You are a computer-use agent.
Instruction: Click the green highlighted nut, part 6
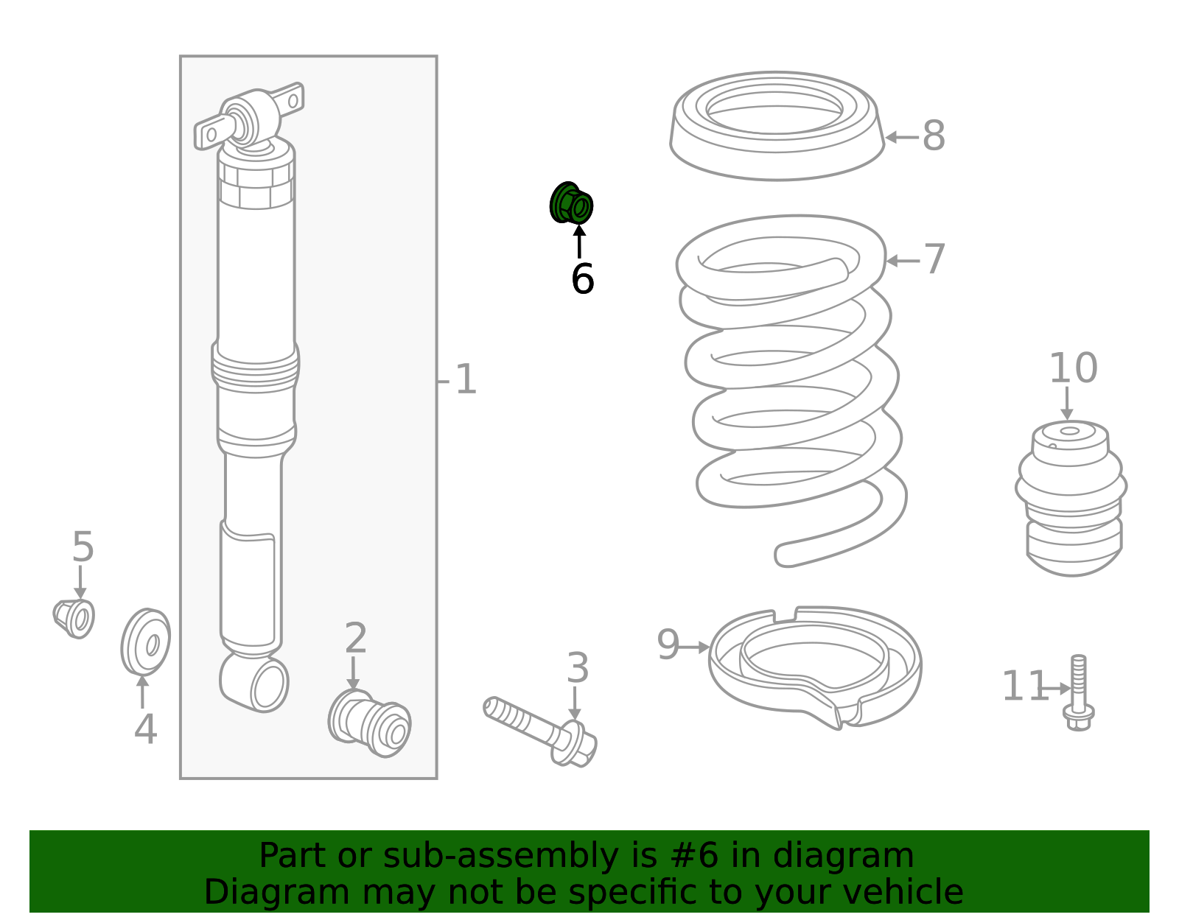[x=571, y=203]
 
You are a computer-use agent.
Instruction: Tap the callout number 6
[x=582, y=279]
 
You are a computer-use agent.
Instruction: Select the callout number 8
[x=933, y=136]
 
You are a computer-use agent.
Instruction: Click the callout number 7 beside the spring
[x=934, y=259]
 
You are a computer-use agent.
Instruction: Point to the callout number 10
[x=1073, y=368]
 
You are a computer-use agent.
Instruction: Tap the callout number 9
[x=668, y=645]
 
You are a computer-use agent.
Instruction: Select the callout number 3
[x=577, y=668]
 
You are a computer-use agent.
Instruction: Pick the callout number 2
[x=355, y=638]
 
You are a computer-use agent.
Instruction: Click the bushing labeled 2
[x=369, y=724]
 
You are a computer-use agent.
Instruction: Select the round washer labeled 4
[x=145, y=642]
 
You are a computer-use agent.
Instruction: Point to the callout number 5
[x=83, y=547]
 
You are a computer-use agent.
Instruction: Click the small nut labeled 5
[x=74, y=619]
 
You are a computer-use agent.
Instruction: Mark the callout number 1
[x=466, y=379]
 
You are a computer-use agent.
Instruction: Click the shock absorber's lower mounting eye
[x=255, y=683]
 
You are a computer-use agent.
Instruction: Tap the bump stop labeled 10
[x=1071, y=498]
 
